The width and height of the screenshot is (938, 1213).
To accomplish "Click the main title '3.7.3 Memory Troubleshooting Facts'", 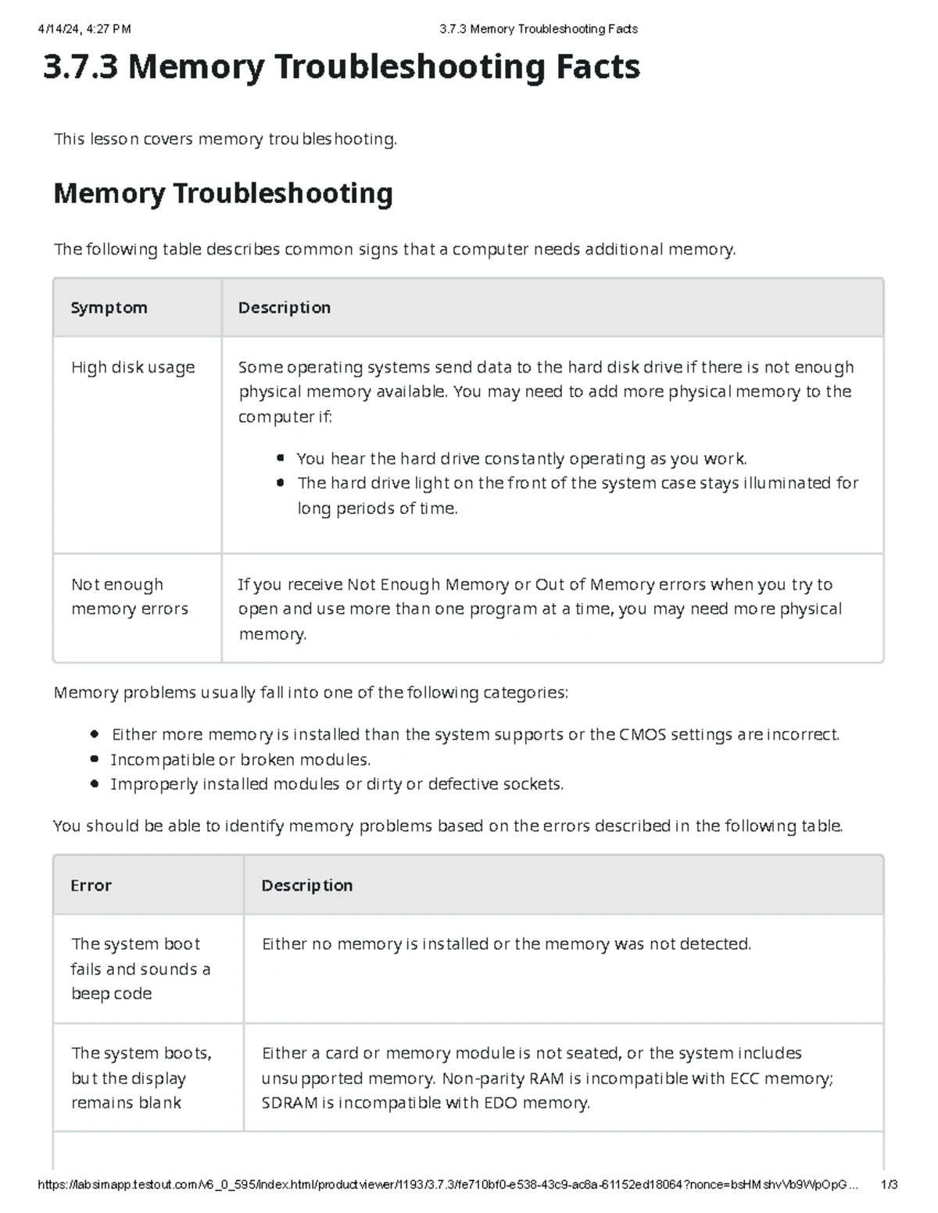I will tap(342, 67).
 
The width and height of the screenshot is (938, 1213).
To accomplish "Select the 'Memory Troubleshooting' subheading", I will tap(223, 193).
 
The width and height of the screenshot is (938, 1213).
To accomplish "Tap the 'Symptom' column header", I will tap(109, 308).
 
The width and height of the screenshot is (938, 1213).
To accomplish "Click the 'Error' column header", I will tap(91, 885).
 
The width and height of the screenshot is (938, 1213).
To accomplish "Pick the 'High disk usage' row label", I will tap(133, 367).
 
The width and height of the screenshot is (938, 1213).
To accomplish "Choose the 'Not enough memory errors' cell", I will tap(130, 597).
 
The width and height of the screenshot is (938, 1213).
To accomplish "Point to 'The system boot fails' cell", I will tap(141, 969).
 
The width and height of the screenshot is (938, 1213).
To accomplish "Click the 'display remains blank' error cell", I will tap(141, 1078).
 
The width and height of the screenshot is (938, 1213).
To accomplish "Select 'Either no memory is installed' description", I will tap(507, 944).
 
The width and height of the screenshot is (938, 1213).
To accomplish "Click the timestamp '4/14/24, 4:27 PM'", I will tap(84, 29).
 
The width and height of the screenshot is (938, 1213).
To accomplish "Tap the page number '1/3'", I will tap(889, 1185).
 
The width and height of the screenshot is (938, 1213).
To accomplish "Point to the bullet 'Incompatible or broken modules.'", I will tap(240, 759).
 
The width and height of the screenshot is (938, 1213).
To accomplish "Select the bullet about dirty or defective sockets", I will tap(336, 784).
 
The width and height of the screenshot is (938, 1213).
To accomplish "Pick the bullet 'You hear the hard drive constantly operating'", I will tap(521, 458).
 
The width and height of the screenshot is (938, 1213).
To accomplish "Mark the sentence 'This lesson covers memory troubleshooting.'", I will tap(225, 139).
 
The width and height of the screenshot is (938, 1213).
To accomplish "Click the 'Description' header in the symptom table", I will tap(285, 308).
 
